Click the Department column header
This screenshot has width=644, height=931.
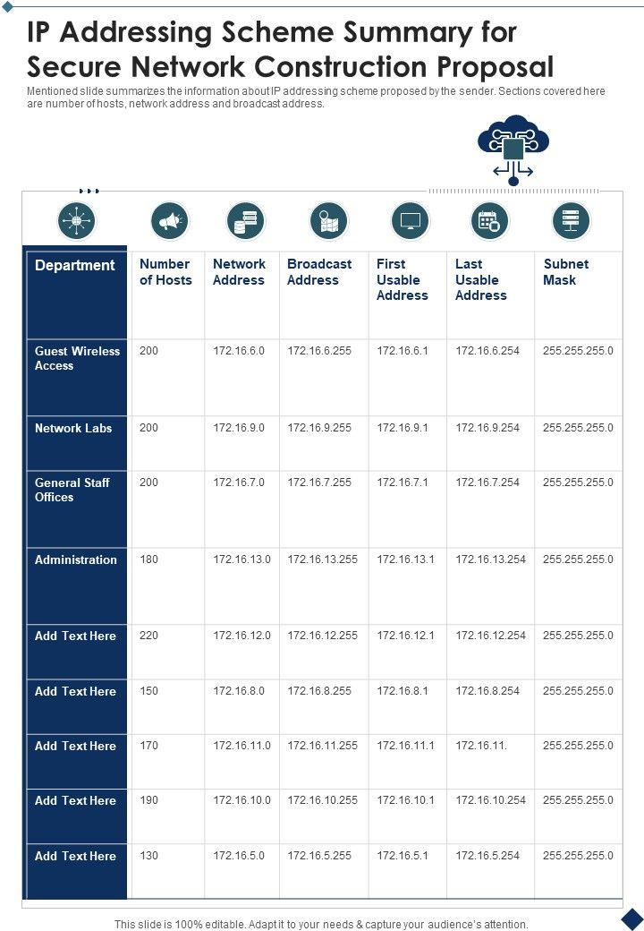point(75,265)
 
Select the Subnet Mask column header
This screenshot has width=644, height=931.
point(565,272)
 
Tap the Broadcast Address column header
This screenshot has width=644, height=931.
point(319,272)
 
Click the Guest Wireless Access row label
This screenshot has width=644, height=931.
point(77,358)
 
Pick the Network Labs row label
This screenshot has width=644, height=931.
point(73,428)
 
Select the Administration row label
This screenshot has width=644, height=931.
point(76,559)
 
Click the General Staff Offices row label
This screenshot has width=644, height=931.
point(72,490)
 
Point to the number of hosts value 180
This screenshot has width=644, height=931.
point(148,559)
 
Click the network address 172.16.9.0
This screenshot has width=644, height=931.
point(239,428)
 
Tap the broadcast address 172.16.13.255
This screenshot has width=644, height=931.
point(322,559)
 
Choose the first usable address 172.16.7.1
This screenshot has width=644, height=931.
point(402,483)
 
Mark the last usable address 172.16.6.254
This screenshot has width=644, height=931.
point(487,351)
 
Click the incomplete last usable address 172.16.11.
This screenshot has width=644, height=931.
point(481,746)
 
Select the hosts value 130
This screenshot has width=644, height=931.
point(148,856)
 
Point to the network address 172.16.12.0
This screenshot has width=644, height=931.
point(241,636)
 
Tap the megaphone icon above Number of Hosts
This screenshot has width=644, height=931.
point(169,220)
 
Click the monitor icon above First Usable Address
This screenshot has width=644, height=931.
point(411,220)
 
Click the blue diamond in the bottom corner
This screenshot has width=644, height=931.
point(632,918)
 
